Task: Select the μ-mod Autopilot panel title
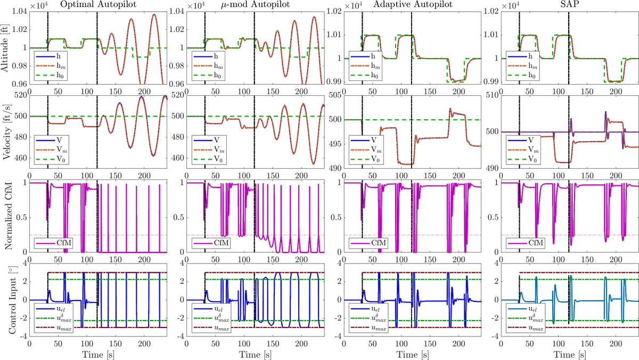[256, 5]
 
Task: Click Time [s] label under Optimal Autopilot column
[98, 354]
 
